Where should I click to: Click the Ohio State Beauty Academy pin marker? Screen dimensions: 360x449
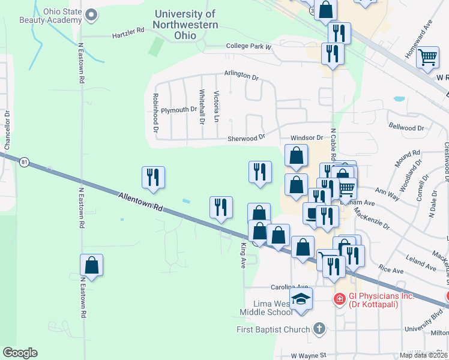91,14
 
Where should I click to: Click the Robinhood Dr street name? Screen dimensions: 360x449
155,112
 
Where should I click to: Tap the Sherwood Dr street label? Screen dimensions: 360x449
246,139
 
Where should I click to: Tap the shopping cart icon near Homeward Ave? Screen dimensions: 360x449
427,58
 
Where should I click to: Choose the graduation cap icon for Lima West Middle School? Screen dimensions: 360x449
301,299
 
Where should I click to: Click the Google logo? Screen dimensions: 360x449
20,353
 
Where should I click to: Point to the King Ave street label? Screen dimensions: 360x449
244,255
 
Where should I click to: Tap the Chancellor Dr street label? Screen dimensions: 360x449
7,129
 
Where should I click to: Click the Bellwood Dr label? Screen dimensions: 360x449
406,128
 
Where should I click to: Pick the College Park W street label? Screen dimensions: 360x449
249,46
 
